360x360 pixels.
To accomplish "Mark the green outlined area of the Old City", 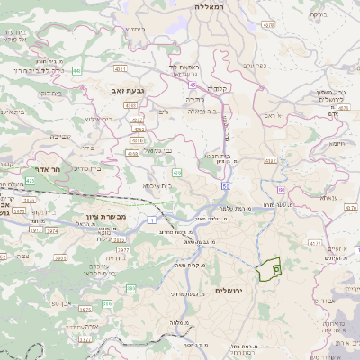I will coord(268,270).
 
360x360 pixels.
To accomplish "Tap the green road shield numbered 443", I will coord(78,69).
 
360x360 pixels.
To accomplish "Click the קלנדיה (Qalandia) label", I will coord(218,88).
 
